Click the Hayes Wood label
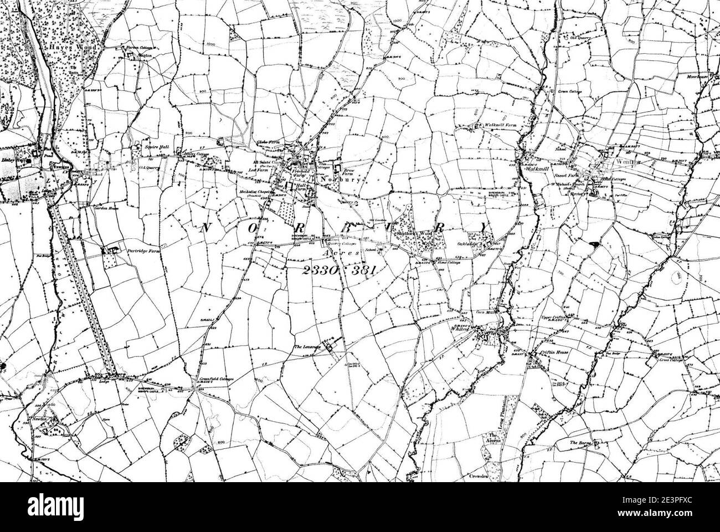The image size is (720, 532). (75, 49)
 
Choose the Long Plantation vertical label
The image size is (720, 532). (505, 410)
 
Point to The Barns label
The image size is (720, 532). (582, 443)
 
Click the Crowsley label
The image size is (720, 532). (479, 475)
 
